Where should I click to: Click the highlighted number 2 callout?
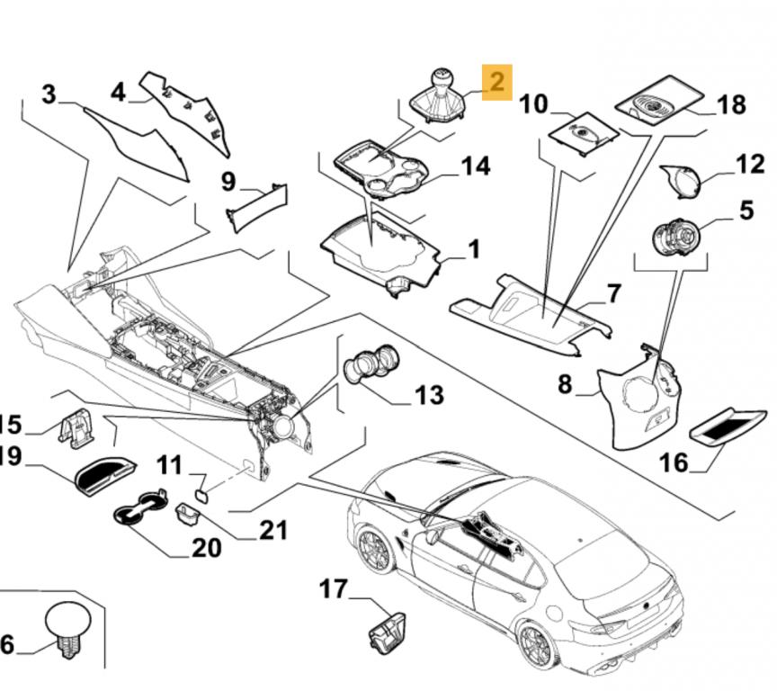[x=497, y=82]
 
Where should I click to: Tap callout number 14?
[x=475, y=166]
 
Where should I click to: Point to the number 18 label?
[x=731, y=105]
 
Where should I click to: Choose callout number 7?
[x=613, y=293]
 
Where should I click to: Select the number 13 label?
[x=428, y=394]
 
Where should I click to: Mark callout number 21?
[x=272, y=530]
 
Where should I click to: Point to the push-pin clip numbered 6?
[x=67, y=624]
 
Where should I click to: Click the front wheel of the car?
[x=373, y=549]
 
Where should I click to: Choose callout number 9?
[x=228, y=182]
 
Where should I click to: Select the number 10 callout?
[x=533, y=104]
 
